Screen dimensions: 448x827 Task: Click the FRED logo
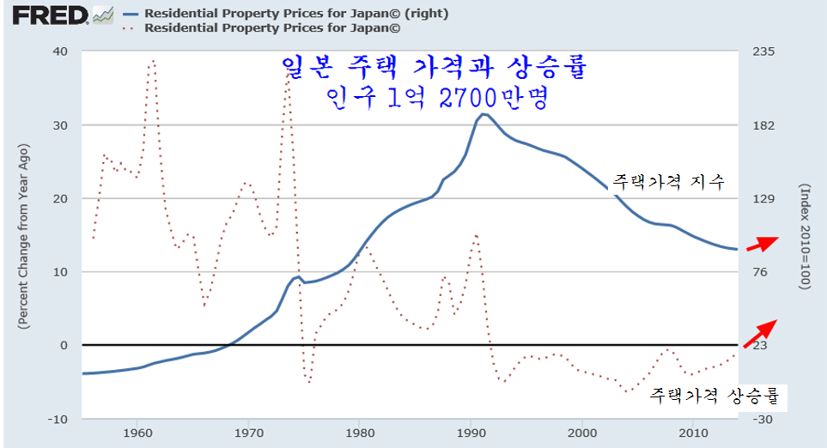(x=44, y=15)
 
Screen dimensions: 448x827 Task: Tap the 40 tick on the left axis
(x=59, y=51)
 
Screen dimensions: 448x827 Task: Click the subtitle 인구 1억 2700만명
(x=437, y=98)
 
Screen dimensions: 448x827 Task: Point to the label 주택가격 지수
(x=668, y=181)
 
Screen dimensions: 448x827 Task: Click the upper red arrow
(x=762, y=244)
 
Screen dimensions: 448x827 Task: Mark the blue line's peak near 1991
(x=484, y=114)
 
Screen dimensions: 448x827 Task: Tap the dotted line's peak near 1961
(x=153, y=61)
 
